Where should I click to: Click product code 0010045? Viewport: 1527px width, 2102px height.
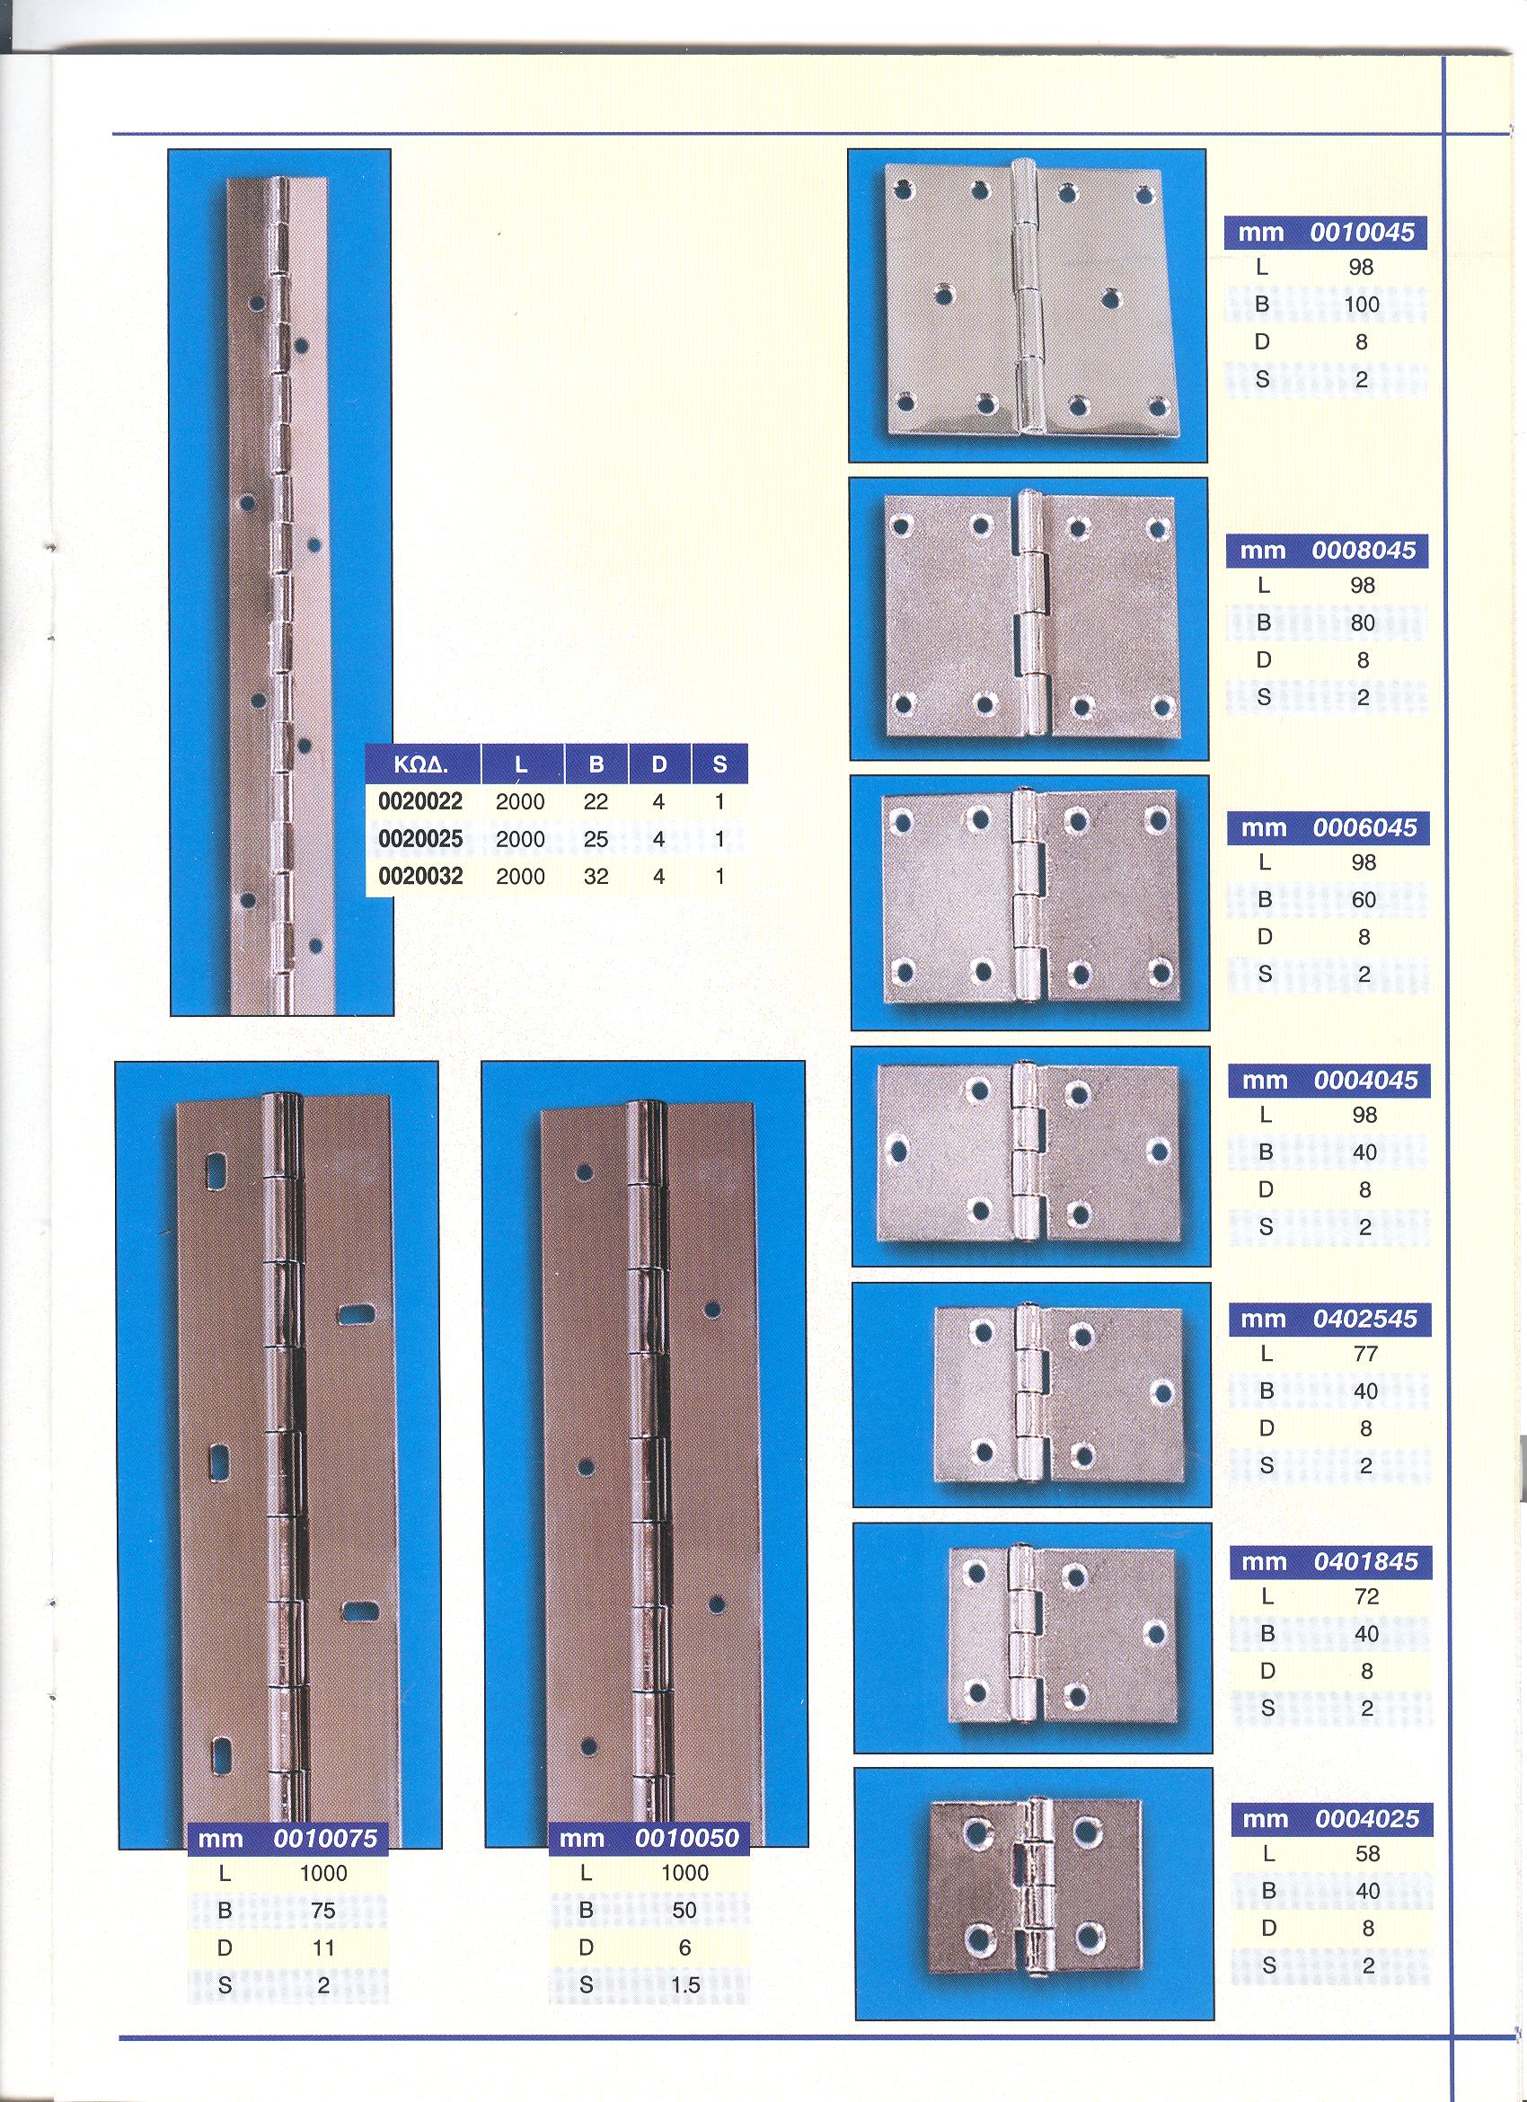click(1362, 232)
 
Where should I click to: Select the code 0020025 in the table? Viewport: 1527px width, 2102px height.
click(419, 839)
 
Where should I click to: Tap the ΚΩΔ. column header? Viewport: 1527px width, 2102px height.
click(421, 764)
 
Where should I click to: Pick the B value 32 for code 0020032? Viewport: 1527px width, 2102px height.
click(596, 876)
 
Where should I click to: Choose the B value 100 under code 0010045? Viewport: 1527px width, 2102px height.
click(1361, 304)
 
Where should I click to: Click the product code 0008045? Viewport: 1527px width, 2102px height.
click(1363, 551)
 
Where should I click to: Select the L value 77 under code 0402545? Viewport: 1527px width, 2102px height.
click(1366, 1354)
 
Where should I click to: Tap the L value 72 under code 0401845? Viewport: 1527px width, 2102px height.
click(1367, 1597)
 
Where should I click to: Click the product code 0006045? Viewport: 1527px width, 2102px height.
click(1364, 827)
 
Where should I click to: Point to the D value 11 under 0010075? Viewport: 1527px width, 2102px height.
click(323, 1947)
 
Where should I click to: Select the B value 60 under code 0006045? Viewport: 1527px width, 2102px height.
click(1364, 900)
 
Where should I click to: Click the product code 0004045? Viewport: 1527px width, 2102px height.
click(1366, 1081)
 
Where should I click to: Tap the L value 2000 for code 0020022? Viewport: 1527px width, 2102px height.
click(520, 801)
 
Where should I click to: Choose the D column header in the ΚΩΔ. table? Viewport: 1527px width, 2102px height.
click(658, 764)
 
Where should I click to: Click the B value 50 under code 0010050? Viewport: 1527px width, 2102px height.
click(684, 1910)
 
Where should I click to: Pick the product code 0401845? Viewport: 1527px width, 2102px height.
click(1366, 1561)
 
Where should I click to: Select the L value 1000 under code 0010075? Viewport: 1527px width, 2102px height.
click(323, 1873)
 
